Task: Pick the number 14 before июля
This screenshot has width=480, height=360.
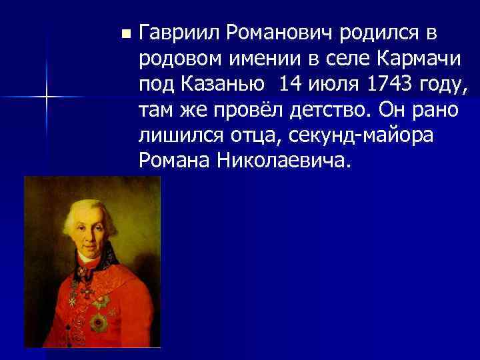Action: (x=292, y=85)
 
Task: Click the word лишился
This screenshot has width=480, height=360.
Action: (x=173, y=135)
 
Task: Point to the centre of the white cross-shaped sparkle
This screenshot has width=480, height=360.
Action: (x=47, y=97)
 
